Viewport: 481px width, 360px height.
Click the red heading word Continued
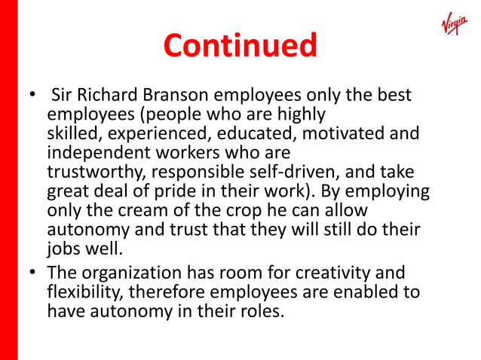click(x=240, y=45)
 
